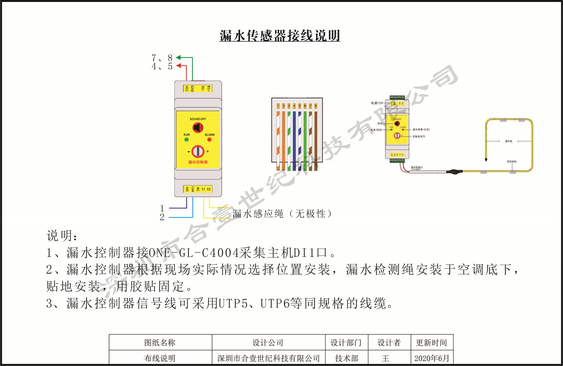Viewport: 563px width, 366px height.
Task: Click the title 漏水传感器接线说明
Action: click(x=280, y=36)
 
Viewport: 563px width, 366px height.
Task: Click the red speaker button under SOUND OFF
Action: click(x=198, y=128)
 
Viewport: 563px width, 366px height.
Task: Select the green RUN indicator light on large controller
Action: click(x=186, y=140)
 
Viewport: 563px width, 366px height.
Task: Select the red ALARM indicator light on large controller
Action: click(x=209, y=140)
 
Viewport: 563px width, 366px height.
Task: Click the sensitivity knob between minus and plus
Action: click(x=198, y=151)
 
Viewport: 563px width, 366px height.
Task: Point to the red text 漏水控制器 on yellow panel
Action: click(x=198, y=162)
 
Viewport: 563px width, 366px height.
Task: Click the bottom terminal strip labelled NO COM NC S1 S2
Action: click(x=198, y=189)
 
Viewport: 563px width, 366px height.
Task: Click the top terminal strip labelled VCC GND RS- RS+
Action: click(x=198, y=89)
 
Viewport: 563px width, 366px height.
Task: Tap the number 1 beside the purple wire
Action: click(x=162, y=208)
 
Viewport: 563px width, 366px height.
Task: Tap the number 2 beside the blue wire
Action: click(x=162, y=217)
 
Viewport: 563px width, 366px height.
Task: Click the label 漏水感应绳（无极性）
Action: click(x=281, y=214)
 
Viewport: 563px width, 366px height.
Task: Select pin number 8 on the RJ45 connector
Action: click(x=316, y=106)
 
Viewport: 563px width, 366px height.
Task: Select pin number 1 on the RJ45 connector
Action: click(x=278, y=106)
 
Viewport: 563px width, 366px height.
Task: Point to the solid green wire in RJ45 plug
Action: click(x=305, y=141)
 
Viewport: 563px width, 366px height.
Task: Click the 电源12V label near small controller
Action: click(x=377, y=103)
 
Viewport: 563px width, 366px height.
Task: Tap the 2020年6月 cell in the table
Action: click(x=432, y=358)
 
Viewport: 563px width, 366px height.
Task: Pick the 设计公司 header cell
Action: click(x=268, y=343)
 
